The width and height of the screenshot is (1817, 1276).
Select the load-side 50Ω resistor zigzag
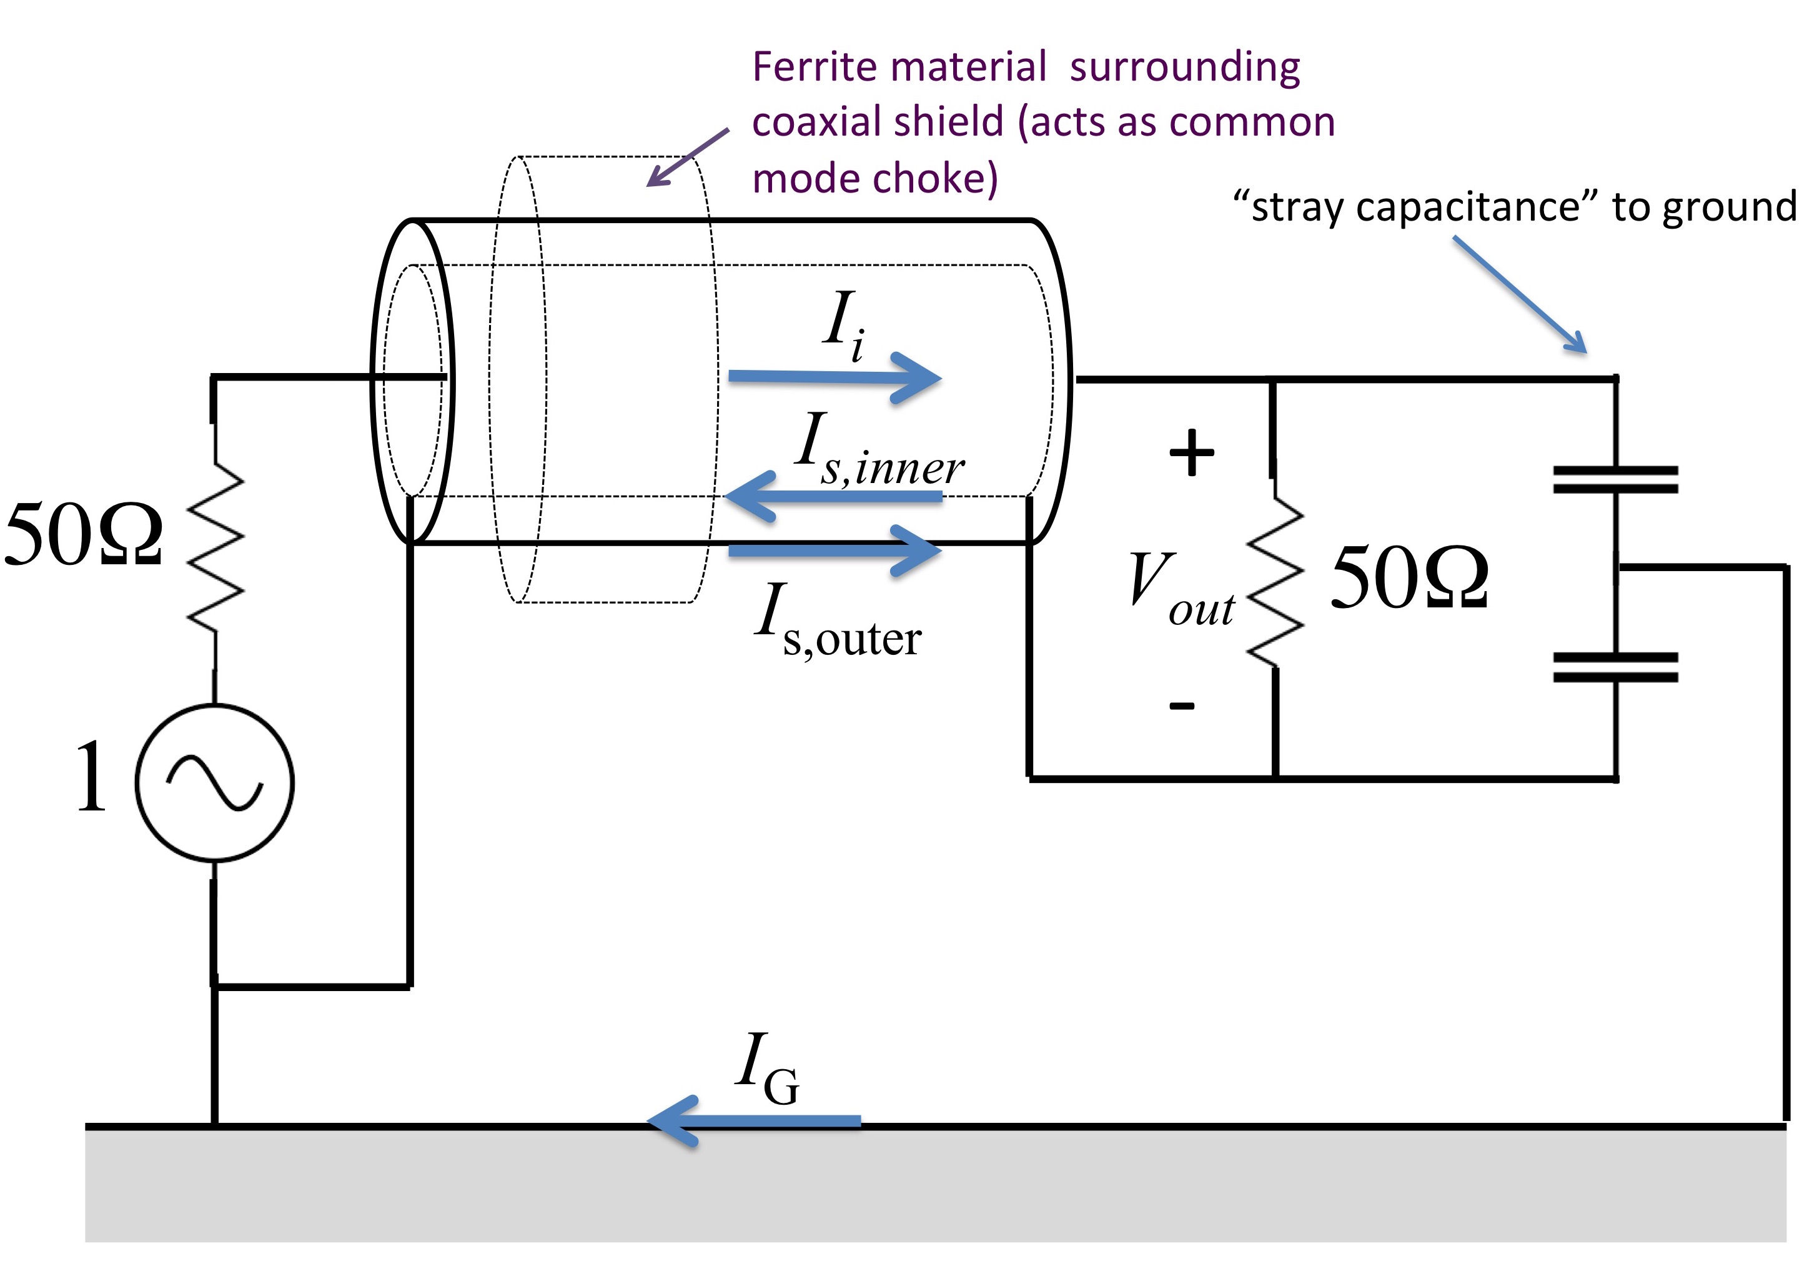(1274, 581)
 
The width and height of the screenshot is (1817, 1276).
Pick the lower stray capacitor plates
(1615, 667)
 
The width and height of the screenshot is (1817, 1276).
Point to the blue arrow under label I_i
(835, 377)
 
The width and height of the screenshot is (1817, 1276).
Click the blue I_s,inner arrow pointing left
(833, 496)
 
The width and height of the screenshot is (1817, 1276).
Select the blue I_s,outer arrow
(835, 550)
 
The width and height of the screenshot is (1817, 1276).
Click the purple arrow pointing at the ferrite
(688, 157)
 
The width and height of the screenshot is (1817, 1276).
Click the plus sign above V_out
(1191, 453)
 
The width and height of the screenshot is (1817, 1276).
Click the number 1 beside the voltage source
(92, 777)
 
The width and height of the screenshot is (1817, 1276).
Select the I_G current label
(767, 1069)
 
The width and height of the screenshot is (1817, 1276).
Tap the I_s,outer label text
(838, 621)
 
